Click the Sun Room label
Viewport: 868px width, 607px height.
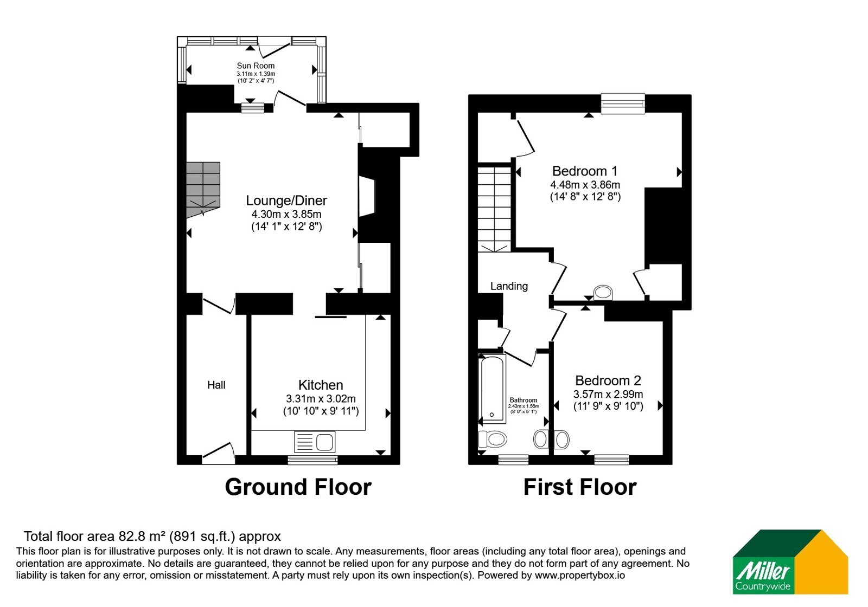coord(256,66)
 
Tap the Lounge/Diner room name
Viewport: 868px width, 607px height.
coord(286,201)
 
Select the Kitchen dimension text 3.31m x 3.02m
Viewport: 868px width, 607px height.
coord(321,399)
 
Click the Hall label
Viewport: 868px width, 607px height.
coord(216,385)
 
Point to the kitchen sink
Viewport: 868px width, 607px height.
coord(315,441)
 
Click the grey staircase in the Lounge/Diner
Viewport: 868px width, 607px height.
coord(203,190)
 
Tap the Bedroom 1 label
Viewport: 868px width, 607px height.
coord(585,171)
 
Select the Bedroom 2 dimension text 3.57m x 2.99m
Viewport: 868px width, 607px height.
coord(608,395)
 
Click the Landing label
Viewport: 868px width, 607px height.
coord(509,286)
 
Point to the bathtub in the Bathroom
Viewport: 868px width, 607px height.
coord(493,388)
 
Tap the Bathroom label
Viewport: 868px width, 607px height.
coord(524,400)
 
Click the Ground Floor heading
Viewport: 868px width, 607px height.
coord(298,487)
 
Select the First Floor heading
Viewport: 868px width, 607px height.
coord(580,487)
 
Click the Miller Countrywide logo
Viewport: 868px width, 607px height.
coord(790,561)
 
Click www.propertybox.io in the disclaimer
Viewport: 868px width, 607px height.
coord(580,575)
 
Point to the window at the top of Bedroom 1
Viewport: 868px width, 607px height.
coord(623,104)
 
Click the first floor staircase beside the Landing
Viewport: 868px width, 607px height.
coord(494,209)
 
